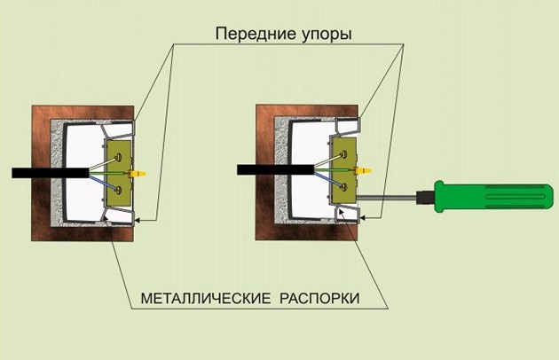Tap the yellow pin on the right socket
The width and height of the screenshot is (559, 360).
(361, 168)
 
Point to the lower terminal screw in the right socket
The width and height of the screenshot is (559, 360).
(342, 185)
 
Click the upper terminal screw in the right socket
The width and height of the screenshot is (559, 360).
(342, 153)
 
